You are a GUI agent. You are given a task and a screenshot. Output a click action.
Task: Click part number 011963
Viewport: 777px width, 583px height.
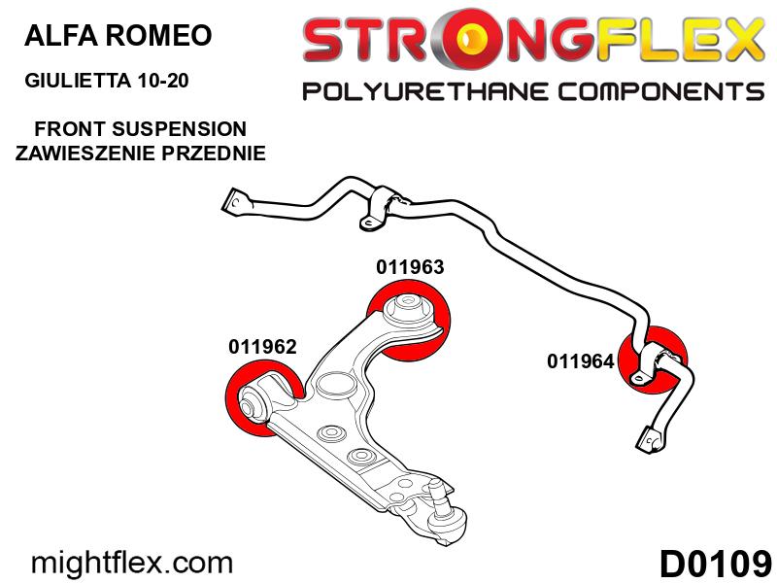coord(410,267)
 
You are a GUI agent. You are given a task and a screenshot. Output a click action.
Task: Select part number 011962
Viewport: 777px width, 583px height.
coord(262,347)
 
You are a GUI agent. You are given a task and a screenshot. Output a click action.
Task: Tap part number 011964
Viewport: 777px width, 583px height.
coord(580,360)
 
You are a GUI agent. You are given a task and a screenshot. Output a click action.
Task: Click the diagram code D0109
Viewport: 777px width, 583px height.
coord(715,564)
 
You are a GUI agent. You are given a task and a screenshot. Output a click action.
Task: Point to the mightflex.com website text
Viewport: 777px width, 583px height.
coord(132,563)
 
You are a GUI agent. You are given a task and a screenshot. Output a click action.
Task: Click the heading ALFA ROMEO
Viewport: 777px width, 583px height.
coord(118,35)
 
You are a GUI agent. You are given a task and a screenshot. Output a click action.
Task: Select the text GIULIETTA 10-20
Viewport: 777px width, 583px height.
coord(107,80)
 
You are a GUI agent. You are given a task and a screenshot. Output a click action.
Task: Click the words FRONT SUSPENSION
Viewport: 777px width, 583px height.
coord(140,129)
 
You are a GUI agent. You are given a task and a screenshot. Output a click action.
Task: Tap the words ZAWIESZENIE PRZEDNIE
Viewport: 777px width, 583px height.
coord(140,153)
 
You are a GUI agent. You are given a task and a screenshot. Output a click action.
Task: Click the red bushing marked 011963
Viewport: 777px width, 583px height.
coord(409,320)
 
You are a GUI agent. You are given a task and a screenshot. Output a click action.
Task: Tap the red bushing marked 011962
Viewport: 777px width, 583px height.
coord(263,399)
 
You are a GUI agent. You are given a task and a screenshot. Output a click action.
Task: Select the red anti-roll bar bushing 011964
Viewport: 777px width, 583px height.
coord(653,360)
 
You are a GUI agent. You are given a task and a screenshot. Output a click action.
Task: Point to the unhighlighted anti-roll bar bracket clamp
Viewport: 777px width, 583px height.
coord(383,208)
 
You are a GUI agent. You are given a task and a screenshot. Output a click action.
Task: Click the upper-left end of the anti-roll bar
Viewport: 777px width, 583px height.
coord(234,203)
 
